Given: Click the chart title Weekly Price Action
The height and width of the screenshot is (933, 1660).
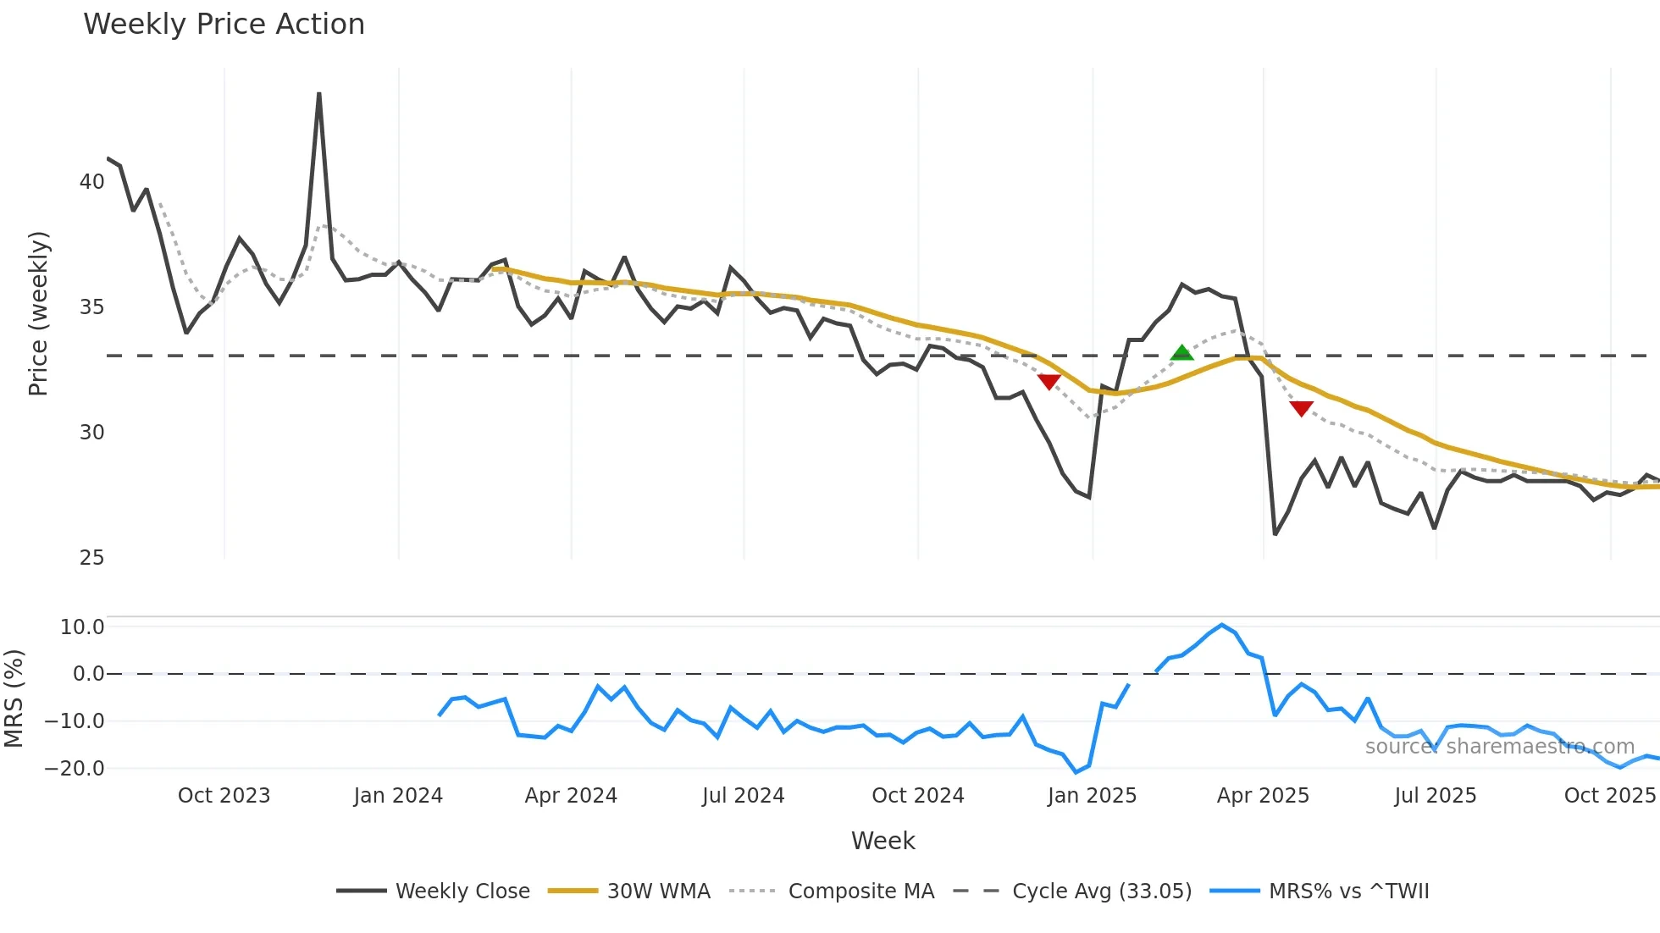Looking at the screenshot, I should (224, 25).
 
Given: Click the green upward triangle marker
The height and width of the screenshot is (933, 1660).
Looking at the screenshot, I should (1181, 353).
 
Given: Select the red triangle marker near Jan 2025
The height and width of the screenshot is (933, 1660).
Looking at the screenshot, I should (1049, 382).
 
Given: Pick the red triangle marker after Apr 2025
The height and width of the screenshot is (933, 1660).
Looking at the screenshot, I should (1301, 409).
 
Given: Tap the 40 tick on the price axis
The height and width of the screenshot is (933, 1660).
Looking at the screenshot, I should (91, 182).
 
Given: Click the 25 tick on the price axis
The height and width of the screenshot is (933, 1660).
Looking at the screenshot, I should (91, 558).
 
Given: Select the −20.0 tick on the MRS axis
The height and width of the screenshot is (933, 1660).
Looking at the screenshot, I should (75, 769).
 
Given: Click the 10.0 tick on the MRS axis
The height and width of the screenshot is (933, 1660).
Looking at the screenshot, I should (81, 627).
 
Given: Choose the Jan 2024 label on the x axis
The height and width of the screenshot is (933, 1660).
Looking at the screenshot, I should (398, 796).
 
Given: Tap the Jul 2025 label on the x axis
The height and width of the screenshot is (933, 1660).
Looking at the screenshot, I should (1435, 796).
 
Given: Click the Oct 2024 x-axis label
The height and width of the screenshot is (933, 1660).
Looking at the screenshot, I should (918, 796).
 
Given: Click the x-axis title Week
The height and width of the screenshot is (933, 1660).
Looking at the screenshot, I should (883, 841).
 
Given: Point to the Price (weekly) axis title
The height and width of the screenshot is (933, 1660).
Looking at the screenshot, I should (38, 313).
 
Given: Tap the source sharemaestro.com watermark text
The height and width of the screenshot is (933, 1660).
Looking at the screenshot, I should (1499, 747).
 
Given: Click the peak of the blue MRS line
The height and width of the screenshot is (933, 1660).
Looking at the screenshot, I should (1221, 625).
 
